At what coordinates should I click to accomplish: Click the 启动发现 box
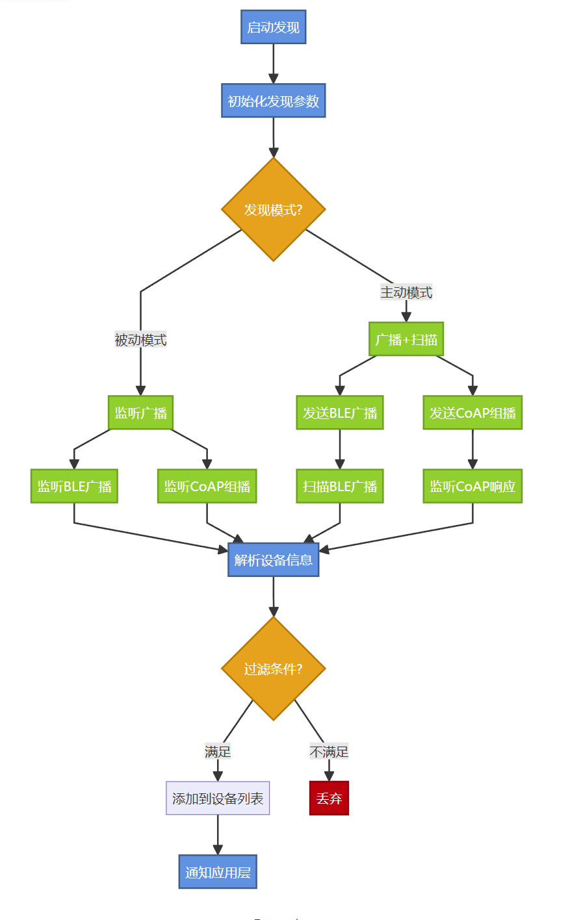273,27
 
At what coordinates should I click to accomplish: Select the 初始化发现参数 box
273,101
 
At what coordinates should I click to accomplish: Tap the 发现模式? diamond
273,209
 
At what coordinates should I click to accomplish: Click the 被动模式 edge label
140,340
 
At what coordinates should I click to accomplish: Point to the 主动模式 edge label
406,292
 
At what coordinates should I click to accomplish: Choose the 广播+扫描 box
406,339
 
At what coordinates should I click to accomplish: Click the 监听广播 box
140,413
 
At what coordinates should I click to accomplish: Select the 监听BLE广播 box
74,486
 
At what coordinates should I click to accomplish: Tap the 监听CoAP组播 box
207,486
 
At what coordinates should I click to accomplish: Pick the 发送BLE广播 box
340,413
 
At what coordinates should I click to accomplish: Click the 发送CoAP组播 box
472,413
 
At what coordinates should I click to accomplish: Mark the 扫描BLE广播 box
340,486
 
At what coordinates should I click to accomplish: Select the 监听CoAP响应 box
472,486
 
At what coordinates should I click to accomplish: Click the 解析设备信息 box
273,559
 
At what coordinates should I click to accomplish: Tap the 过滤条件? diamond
273,669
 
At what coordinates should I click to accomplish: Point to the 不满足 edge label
329,752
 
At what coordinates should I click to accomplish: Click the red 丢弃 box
329,798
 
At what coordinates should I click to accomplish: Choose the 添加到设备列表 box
218,798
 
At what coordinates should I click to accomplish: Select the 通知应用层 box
218,872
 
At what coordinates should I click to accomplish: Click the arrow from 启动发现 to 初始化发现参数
273,64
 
